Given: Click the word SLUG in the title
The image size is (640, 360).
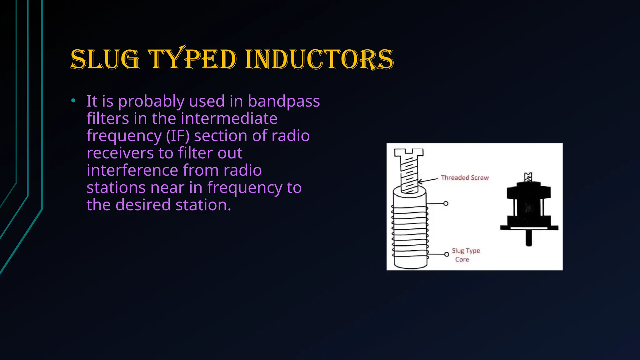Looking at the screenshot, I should coord(105,59).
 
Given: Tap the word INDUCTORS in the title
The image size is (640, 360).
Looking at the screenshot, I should coord(319,59).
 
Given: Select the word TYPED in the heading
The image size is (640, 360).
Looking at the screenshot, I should coord(192,59).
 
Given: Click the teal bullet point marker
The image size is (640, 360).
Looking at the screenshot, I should coord(73,101).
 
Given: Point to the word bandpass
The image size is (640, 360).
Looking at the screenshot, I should coord(284,101).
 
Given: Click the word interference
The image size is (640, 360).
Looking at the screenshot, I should coord(132,170).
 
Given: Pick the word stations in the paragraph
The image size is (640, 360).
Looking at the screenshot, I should coord(116,187).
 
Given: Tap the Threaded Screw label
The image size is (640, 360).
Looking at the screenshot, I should coord(464,178).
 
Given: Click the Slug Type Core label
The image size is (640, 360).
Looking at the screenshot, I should coord(465,255).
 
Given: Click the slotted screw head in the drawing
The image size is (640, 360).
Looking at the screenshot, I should coord(408,152).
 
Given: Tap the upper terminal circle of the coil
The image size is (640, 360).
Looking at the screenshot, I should coord(446,203).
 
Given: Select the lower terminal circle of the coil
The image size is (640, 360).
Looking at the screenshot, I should coord(447,254).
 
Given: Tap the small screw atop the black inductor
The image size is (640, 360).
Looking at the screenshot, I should coord(528,177).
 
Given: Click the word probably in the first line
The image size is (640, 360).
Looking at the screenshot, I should coord(151,101).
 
